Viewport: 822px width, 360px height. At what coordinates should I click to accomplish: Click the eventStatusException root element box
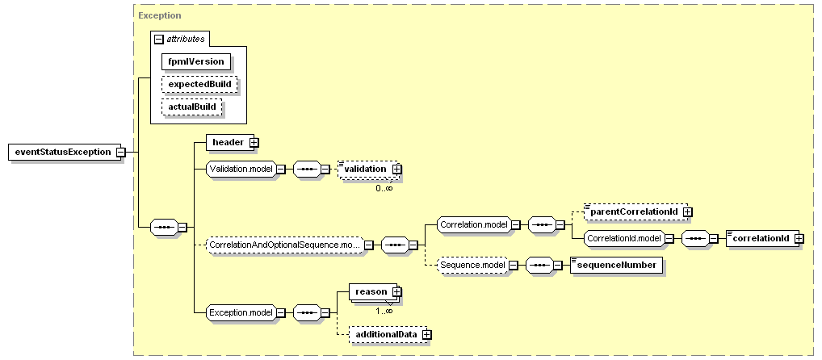tap(62, 152)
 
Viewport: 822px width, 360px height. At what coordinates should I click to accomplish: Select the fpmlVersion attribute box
tap(196, 61)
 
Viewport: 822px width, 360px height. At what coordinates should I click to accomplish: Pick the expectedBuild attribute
tap(199, 84)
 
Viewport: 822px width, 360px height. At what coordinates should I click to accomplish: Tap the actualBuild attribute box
tap(192, 107)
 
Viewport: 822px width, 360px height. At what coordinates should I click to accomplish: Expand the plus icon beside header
tap(254, 142)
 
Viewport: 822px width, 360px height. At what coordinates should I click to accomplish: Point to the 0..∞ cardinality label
tap(384, 188)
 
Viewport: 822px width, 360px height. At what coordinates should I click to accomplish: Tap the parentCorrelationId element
tap(634, 211)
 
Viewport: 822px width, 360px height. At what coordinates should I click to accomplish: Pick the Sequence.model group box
tap(472, 265)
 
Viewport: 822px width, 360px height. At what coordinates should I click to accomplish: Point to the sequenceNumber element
tap(616, 265)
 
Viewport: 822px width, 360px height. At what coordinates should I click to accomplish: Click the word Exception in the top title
tap(160, 15)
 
